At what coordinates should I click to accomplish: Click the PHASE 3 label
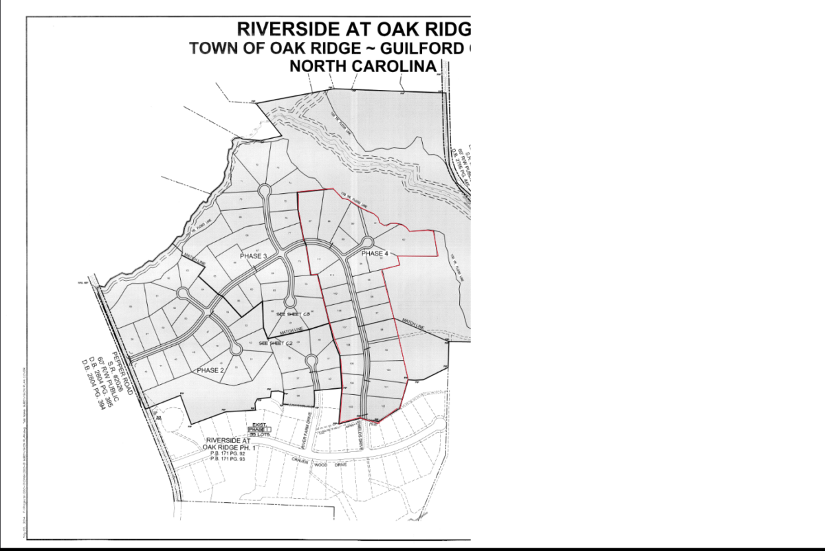tap(253, 256)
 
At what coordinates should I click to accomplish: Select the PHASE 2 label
tap(211, 371)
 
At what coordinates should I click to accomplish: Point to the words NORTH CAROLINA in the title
tap(363, 66)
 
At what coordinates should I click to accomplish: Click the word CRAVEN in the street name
tap(302, 460)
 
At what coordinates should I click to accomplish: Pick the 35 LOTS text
tap(263, 435)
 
